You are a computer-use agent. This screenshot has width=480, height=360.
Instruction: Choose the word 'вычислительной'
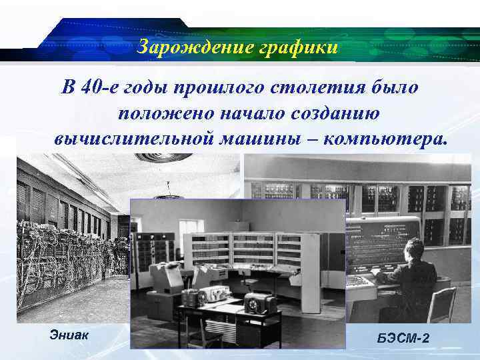pyautogui.click(x=133, y=139)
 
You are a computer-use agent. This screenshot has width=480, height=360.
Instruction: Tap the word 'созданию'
pyautogui.click(x=331, y=113)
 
